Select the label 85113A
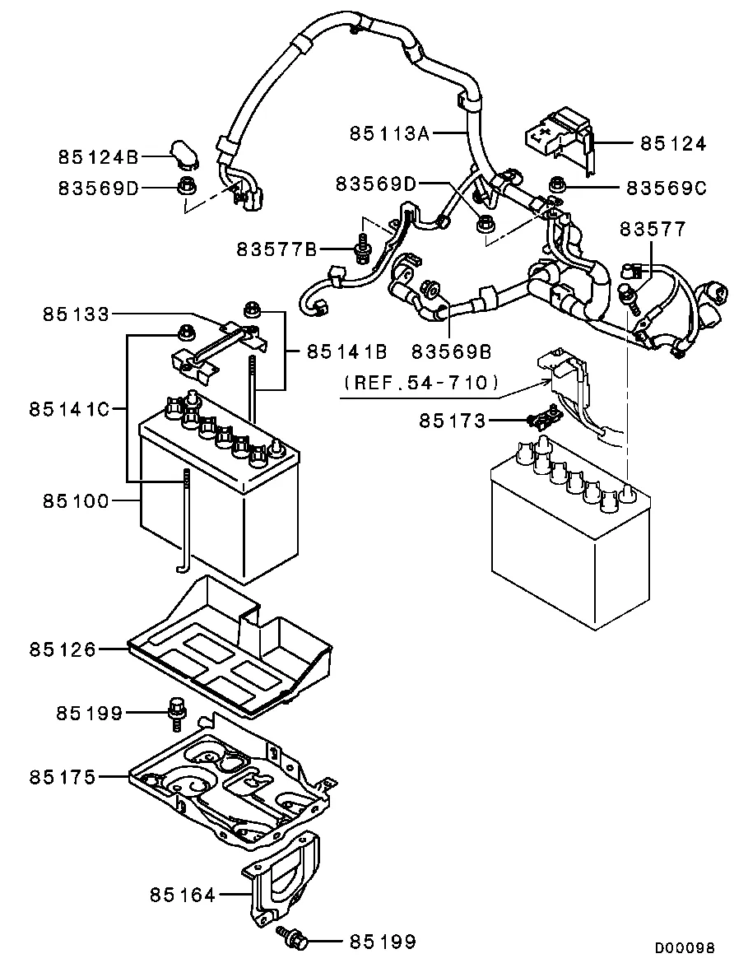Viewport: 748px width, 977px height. [389, 133]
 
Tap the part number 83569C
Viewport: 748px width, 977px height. [666, 188]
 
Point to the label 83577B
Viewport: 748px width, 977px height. [276, 248]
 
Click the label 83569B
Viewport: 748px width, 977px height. [452, 351]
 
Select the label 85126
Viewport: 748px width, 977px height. [63, 649]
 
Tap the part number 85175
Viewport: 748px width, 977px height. [63, 776]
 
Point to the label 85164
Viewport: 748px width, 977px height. [183, 894]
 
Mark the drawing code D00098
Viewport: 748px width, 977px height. [685, 948]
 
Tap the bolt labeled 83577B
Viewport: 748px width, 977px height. [361, 248]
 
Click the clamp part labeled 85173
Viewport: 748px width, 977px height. [539, 420]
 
